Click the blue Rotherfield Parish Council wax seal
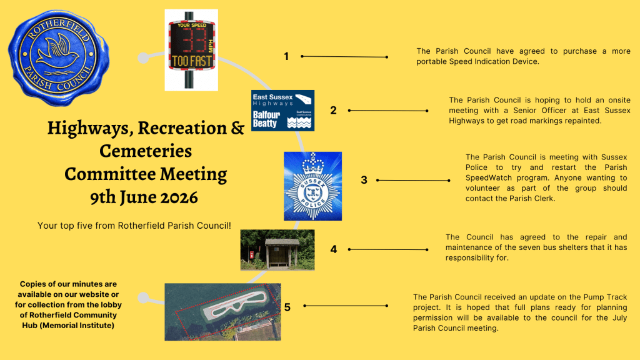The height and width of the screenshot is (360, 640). click(x=58, y=58)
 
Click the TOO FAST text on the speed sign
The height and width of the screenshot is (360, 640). click(x=192, y=62)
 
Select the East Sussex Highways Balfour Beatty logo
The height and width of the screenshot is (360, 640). click(x=282, y=111)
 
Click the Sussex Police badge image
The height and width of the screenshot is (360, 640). click(x=312, y=186)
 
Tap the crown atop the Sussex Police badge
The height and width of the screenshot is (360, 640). click(x=312, y=164)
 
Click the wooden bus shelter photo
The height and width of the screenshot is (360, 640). click(x=277, y=250)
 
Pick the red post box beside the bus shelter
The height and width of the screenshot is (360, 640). click(x=252, y=255)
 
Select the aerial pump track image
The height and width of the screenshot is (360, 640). click(x=223, y=312)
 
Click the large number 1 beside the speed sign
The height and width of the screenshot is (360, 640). click(x=286, y=56)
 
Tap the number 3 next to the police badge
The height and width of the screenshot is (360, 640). click(x=364, y=180)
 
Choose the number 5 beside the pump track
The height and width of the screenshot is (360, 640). click(x=287, y=307)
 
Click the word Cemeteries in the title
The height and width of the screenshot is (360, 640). click(x=146, y=151)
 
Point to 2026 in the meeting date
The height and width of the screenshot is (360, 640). click(x=179, y=197)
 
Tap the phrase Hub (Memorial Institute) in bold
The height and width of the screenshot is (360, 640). click(x=68, y=325)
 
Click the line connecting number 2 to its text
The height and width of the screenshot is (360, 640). click(x=388, y=111)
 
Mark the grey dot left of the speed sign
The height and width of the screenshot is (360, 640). click(x=143, y=58)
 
